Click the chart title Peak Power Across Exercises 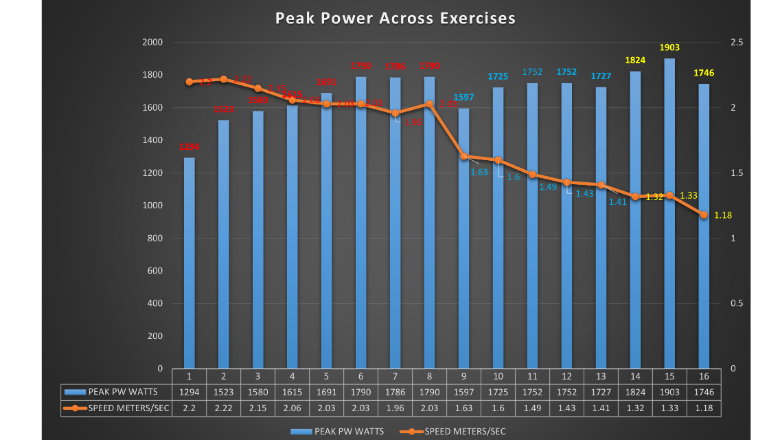click(395, 19)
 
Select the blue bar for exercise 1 click(189, 265)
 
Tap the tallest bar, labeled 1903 click(669, 213)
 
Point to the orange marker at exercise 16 click(704, 215)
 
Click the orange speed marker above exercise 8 click(429, 104)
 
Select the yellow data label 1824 click(635, 60)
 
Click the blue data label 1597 click(463, 98)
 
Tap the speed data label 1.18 click(723, 215)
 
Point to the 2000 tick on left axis click(152, 43)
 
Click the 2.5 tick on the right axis click(737, 43)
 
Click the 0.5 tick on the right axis click(737, 303)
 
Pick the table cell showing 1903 click(669, 392)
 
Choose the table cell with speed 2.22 click(223, 408)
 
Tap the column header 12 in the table click(566, 377)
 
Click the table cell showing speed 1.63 click(463, 408)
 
